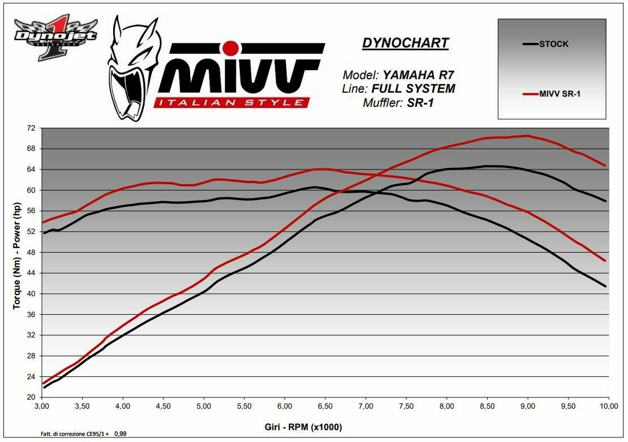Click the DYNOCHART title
[405, 44]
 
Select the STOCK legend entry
[553, 44]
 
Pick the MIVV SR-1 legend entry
[560, 94]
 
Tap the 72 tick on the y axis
[31, 128]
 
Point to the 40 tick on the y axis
[31, 294]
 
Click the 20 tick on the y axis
[31, 397]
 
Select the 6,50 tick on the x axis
[325, 406]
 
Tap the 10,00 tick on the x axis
[609, 406]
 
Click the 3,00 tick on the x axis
[42, 406]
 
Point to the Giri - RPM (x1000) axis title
[303, 427]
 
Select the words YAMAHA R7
[418, 75]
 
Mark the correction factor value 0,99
[120, 434]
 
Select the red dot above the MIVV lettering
[230, 47]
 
